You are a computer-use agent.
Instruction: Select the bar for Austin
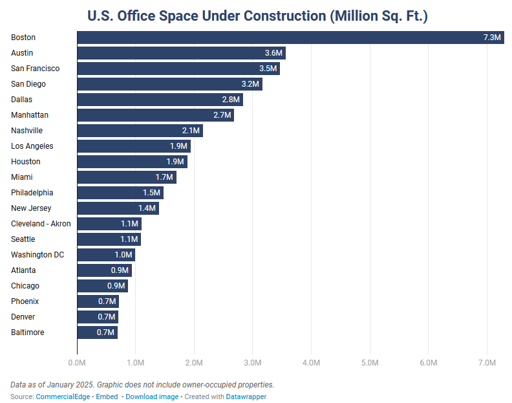click(181, 53)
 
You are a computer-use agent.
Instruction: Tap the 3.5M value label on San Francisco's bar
click(267, 69)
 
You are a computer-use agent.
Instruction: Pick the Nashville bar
click(140, 131)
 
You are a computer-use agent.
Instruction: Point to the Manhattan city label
click(30, 115)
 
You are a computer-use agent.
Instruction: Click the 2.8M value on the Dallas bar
click(231, 100)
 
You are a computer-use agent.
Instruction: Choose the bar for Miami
click(126, 177)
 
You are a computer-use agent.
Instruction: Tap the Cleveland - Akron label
click(41, 224)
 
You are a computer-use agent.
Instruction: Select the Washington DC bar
click(105, 255)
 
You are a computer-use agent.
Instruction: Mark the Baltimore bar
click(97, 332)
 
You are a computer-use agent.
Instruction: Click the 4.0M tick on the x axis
click(311, 363)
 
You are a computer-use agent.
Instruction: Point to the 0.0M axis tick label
click(77, 363)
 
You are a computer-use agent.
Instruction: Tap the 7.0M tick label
click(486, 363)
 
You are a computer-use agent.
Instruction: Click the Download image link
click(152, 397)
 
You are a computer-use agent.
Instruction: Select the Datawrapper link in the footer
click(246, 397)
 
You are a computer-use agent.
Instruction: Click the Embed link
click(107, 397)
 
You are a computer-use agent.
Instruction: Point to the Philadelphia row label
click(32, 193)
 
